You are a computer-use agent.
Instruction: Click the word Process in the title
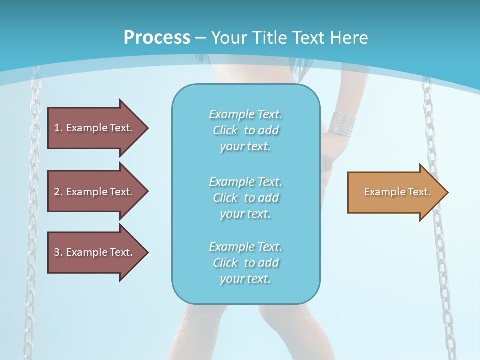[x=157, y=38]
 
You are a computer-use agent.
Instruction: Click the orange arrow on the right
[x=395, y=192]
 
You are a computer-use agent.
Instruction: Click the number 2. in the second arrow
[x=58, y=192]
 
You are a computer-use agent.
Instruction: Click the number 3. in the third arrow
[x=58, y=252]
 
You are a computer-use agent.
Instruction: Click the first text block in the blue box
[x=245, y=130]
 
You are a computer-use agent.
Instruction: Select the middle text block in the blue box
[x=245, y=198]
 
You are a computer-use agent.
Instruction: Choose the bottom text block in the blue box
[x=245, y=263]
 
